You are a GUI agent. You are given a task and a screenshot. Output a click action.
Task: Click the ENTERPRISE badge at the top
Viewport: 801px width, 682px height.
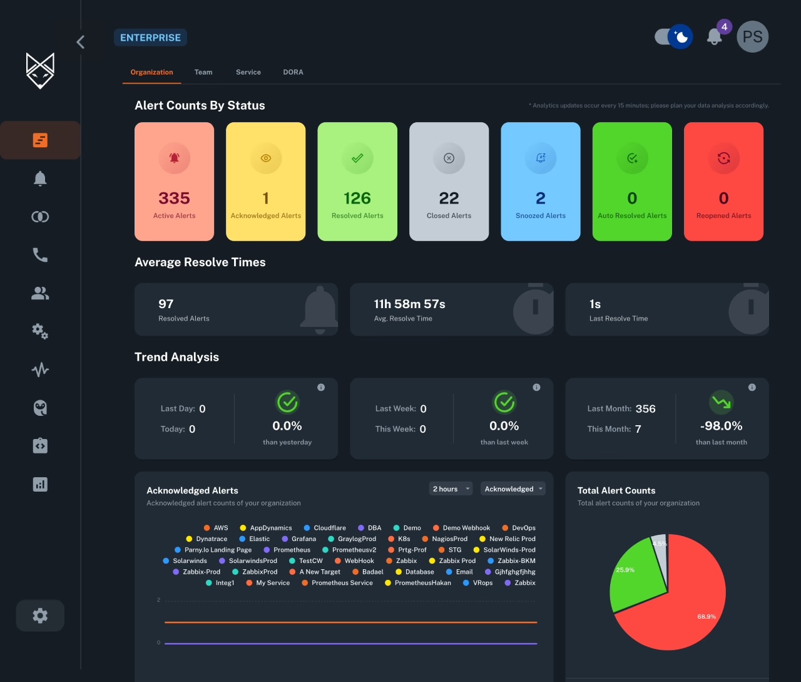(x=150, y=38)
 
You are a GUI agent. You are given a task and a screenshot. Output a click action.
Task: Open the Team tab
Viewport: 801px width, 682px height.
(x=203, y=72)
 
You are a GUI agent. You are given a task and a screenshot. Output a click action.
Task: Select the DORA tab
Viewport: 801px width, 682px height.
(x=293, y=72)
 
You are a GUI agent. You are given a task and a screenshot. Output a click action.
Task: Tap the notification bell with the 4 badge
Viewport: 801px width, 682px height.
(x=715, y=36)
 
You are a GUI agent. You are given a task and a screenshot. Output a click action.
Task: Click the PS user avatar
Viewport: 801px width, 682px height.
(x=752, y=36)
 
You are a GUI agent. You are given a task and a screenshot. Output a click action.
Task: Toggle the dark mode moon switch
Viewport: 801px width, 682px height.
(x=673, y=37)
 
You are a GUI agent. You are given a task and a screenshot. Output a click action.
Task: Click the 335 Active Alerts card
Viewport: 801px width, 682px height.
(x=174, y=182)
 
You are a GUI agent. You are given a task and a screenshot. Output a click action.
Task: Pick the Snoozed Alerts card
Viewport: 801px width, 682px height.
(x=541, y=182)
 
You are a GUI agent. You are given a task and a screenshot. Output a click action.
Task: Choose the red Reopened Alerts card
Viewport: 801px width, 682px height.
(x=723, y=182)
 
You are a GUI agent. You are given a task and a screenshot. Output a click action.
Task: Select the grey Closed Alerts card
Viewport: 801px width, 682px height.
(x=449, y=182)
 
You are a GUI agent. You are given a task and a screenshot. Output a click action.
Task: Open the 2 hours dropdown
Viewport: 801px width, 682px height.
(x=451, y=489)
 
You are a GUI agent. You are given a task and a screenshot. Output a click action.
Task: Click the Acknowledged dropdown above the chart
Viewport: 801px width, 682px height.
(x=513, y=489)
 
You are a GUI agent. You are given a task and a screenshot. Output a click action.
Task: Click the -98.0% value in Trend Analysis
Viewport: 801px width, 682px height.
(x=721, y=426)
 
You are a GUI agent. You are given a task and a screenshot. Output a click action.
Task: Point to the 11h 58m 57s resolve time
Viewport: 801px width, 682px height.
(x=409, y=304)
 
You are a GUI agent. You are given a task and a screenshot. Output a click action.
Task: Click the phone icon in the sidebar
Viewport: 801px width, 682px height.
(x=40, y=255)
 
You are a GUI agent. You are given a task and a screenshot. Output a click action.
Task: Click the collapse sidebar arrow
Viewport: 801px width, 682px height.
(x=80, y=42)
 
